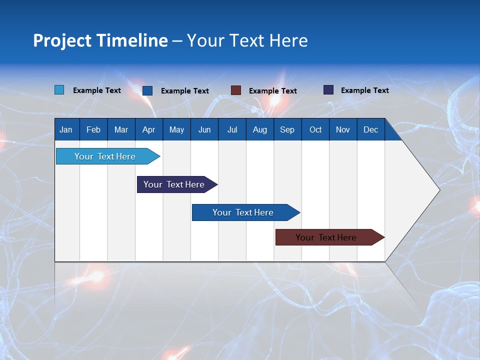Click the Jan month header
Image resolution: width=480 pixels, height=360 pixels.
[x=66, y=130]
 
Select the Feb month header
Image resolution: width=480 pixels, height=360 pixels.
[x=93, y=130]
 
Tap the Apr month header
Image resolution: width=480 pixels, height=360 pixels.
[x=148, y=130]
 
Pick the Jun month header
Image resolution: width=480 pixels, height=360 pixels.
[x=204, y=130]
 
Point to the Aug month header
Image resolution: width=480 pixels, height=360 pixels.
[x=259, y=130]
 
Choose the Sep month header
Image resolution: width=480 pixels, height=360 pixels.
[x=287, y=130]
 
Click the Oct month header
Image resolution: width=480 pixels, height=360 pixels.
[x=315, y=130]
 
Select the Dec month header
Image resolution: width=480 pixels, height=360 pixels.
[x=370, y=130]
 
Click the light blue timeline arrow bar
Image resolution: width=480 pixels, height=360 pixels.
[x=105, y=156]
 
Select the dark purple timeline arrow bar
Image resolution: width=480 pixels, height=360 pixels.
[x=174, y=184]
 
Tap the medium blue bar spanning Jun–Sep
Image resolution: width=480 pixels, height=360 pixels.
[x=243, y=212]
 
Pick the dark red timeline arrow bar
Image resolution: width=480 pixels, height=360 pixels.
[x=326, y=237]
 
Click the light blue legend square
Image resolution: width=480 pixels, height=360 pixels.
[x=59, y=90]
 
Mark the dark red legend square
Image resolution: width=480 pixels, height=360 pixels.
[x=236, y=90]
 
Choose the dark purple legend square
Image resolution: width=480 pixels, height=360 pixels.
[x=328, y=90]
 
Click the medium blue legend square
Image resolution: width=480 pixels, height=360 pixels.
[x=147, y=90]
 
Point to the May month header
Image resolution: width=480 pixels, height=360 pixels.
[x=176, y=130]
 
